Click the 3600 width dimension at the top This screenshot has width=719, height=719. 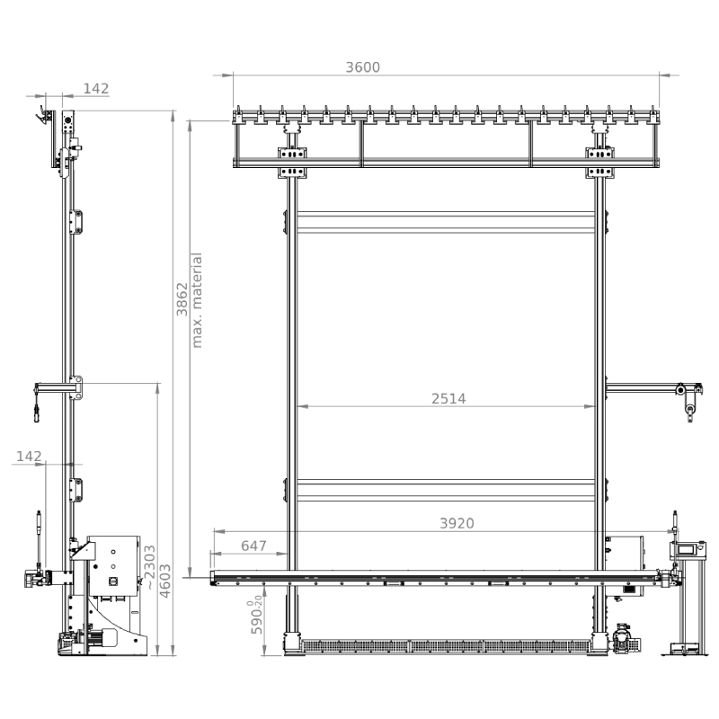tap(363, 67)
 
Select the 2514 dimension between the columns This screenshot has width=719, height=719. tap(448, 399)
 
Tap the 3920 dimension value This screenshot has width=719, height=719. tap(457, 523)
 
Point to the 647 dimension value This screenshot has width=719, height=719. tap(253, 546)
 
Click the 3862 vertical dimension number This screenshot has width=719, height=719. tap(182, 299)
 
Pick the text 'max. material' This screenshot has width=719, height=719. tap(196, 300)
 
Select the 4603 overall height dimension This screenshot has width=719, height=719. tap(164, 581)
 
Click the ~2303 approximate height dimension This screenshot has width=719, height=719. tap(150, 568)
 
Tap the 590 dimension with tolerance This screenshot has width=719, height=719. tap(256, 617)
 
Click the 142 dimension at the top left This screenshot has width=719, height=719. tap(96, 88)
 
